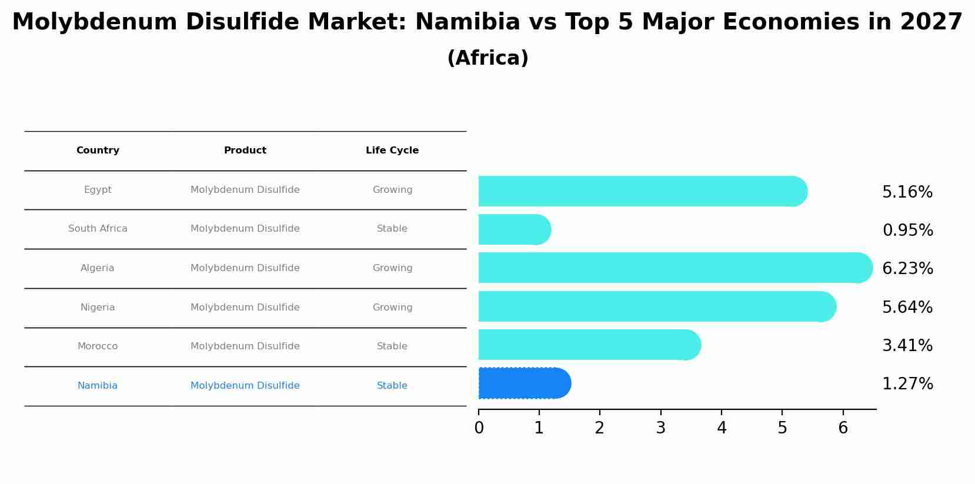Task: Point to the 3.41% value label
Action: pos(907,346)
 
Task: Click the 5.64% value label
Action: pos(907,308)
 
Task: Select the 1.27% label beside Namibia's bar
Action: pos(907,384)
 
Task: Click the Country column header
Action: pos(98,151)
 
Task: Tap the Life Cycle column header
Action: pos(392,151)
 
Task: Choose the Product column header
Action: pos(245,151)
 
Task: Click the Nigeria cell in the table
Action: pos(98,308)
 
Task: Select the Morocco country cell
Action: pos(98,346)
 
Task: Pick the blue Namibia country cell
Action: pos(98,386)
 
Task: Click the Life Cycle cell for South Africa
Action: pos(392,229)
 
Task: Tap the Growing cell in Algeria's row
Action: pos(392,268)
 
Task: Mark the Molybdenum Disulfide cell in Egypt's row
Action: pos(245,190)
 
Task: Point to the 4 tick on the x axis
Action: pos(722,428)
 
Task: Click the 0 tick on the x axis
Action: pos(479,428)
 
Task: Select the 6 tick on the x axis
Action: pos(843,428)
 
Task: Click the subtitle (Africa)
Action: pos(487,58)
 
